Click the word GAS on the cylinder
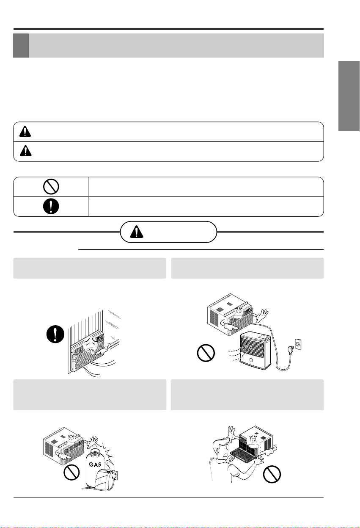pyautogui.click(x=95, y=464)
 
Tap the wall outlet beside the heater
pyautogui.click(x=298, y=344)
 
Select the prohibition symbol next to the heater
pyautogui.click(x=206, y=353)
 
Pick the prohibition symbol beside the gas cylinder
pyautogui.click(x=71, y=472)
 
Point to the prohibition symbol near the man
pyautogui.click(x=272, y=474)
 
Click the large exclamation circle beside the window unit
pyautogui.click(x=55, y=334)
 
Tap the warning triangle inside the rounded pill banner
pyautogui.click(x=136, y=232)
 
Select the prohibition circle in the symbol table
pyautogui.click(x=51, y=186)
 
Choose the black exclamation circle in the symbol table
pyautogui.click(x=51, y=206)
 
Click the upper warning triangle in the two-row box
pyautogui.click(x=25, y=131)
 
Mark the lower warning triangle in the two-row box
pyautogui.click(x=26, y=151)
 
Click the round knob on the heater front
pyautogui.click(x=251, y=360)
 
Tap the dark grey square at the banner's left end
pyautogui.click(x=21, y=45)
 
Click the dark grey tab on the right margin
pyautogui.click(x=349, y=96)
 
